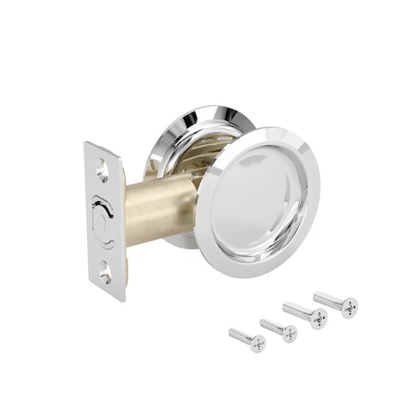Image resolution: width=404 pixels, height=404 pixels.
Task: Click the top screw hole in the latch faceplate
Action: (x=102, y=166)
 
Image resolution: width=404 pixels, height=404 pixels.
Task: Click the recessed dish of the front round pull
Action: (x=260, y=202)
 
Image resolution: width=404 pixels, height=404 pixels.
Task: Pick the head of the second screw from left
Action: (x=289, y=331)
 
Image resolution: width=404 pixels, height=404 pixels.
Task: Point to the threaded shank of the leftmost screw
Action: (x=240, y=336)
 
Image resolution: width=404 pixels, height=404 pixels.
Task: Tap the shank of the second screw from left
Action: (x=271, y=325)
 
